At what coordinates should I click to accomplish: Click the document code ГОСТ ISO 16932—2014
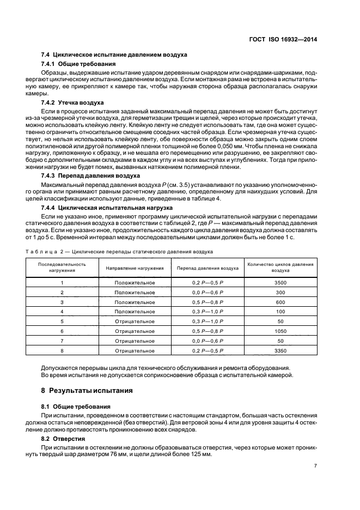point(291,39)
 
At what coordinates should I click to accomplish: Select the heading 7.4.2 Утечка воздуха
point(72,102)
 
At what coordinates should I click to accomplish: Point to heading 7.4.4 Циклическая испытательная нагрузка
point(108,208)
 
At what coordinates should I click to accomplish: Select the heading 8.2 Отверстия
point(64,438)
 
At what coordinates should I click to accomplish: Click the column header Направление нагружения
point(135,268)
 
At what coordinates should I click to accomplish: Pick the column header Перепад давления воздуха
point(208,268)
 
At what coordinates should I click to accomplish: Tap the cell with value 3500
point(280,283)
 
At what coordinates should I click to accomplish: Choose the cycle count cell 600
point(280,302)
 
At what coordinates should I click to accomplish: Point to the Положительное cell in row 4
point(135,312)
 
